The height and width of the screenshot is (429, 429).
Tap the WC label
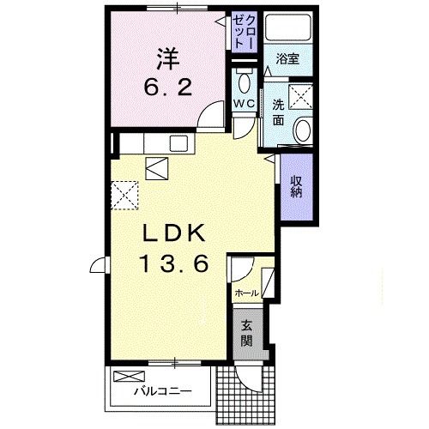click(x=244, y=104)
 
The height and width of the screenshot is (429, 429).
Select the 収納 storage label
click(x=295, y=186)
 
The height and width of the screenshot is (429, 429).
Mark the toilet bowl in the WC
click(x=244, y=83)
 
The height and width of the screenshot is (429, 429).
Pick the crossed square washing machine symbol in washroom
click(x=301, y=96)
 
